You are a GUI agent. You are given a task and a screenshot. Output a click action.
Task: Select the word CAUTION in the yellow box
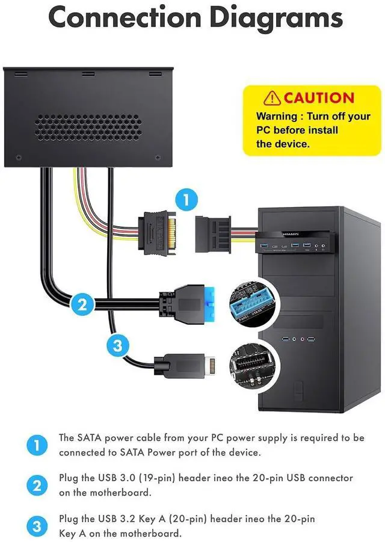[x=319, y=97]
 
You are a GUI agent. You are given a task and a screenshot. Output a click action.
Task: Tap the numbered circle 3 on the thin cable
[x=118, y=345]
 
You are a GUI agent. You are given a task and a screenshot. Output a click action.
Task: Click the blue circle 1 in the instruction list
[x=37, y=445]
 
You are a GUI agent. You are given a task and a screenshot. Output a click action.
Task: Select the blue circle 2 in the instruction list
[x=37, y=485]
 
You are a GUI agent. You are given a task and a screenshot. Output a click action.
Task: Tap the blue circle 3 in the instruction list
[x=37, y=526]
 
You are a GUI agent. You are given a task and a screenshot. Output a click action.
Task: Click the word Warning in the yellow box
[x=277, y=116]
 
